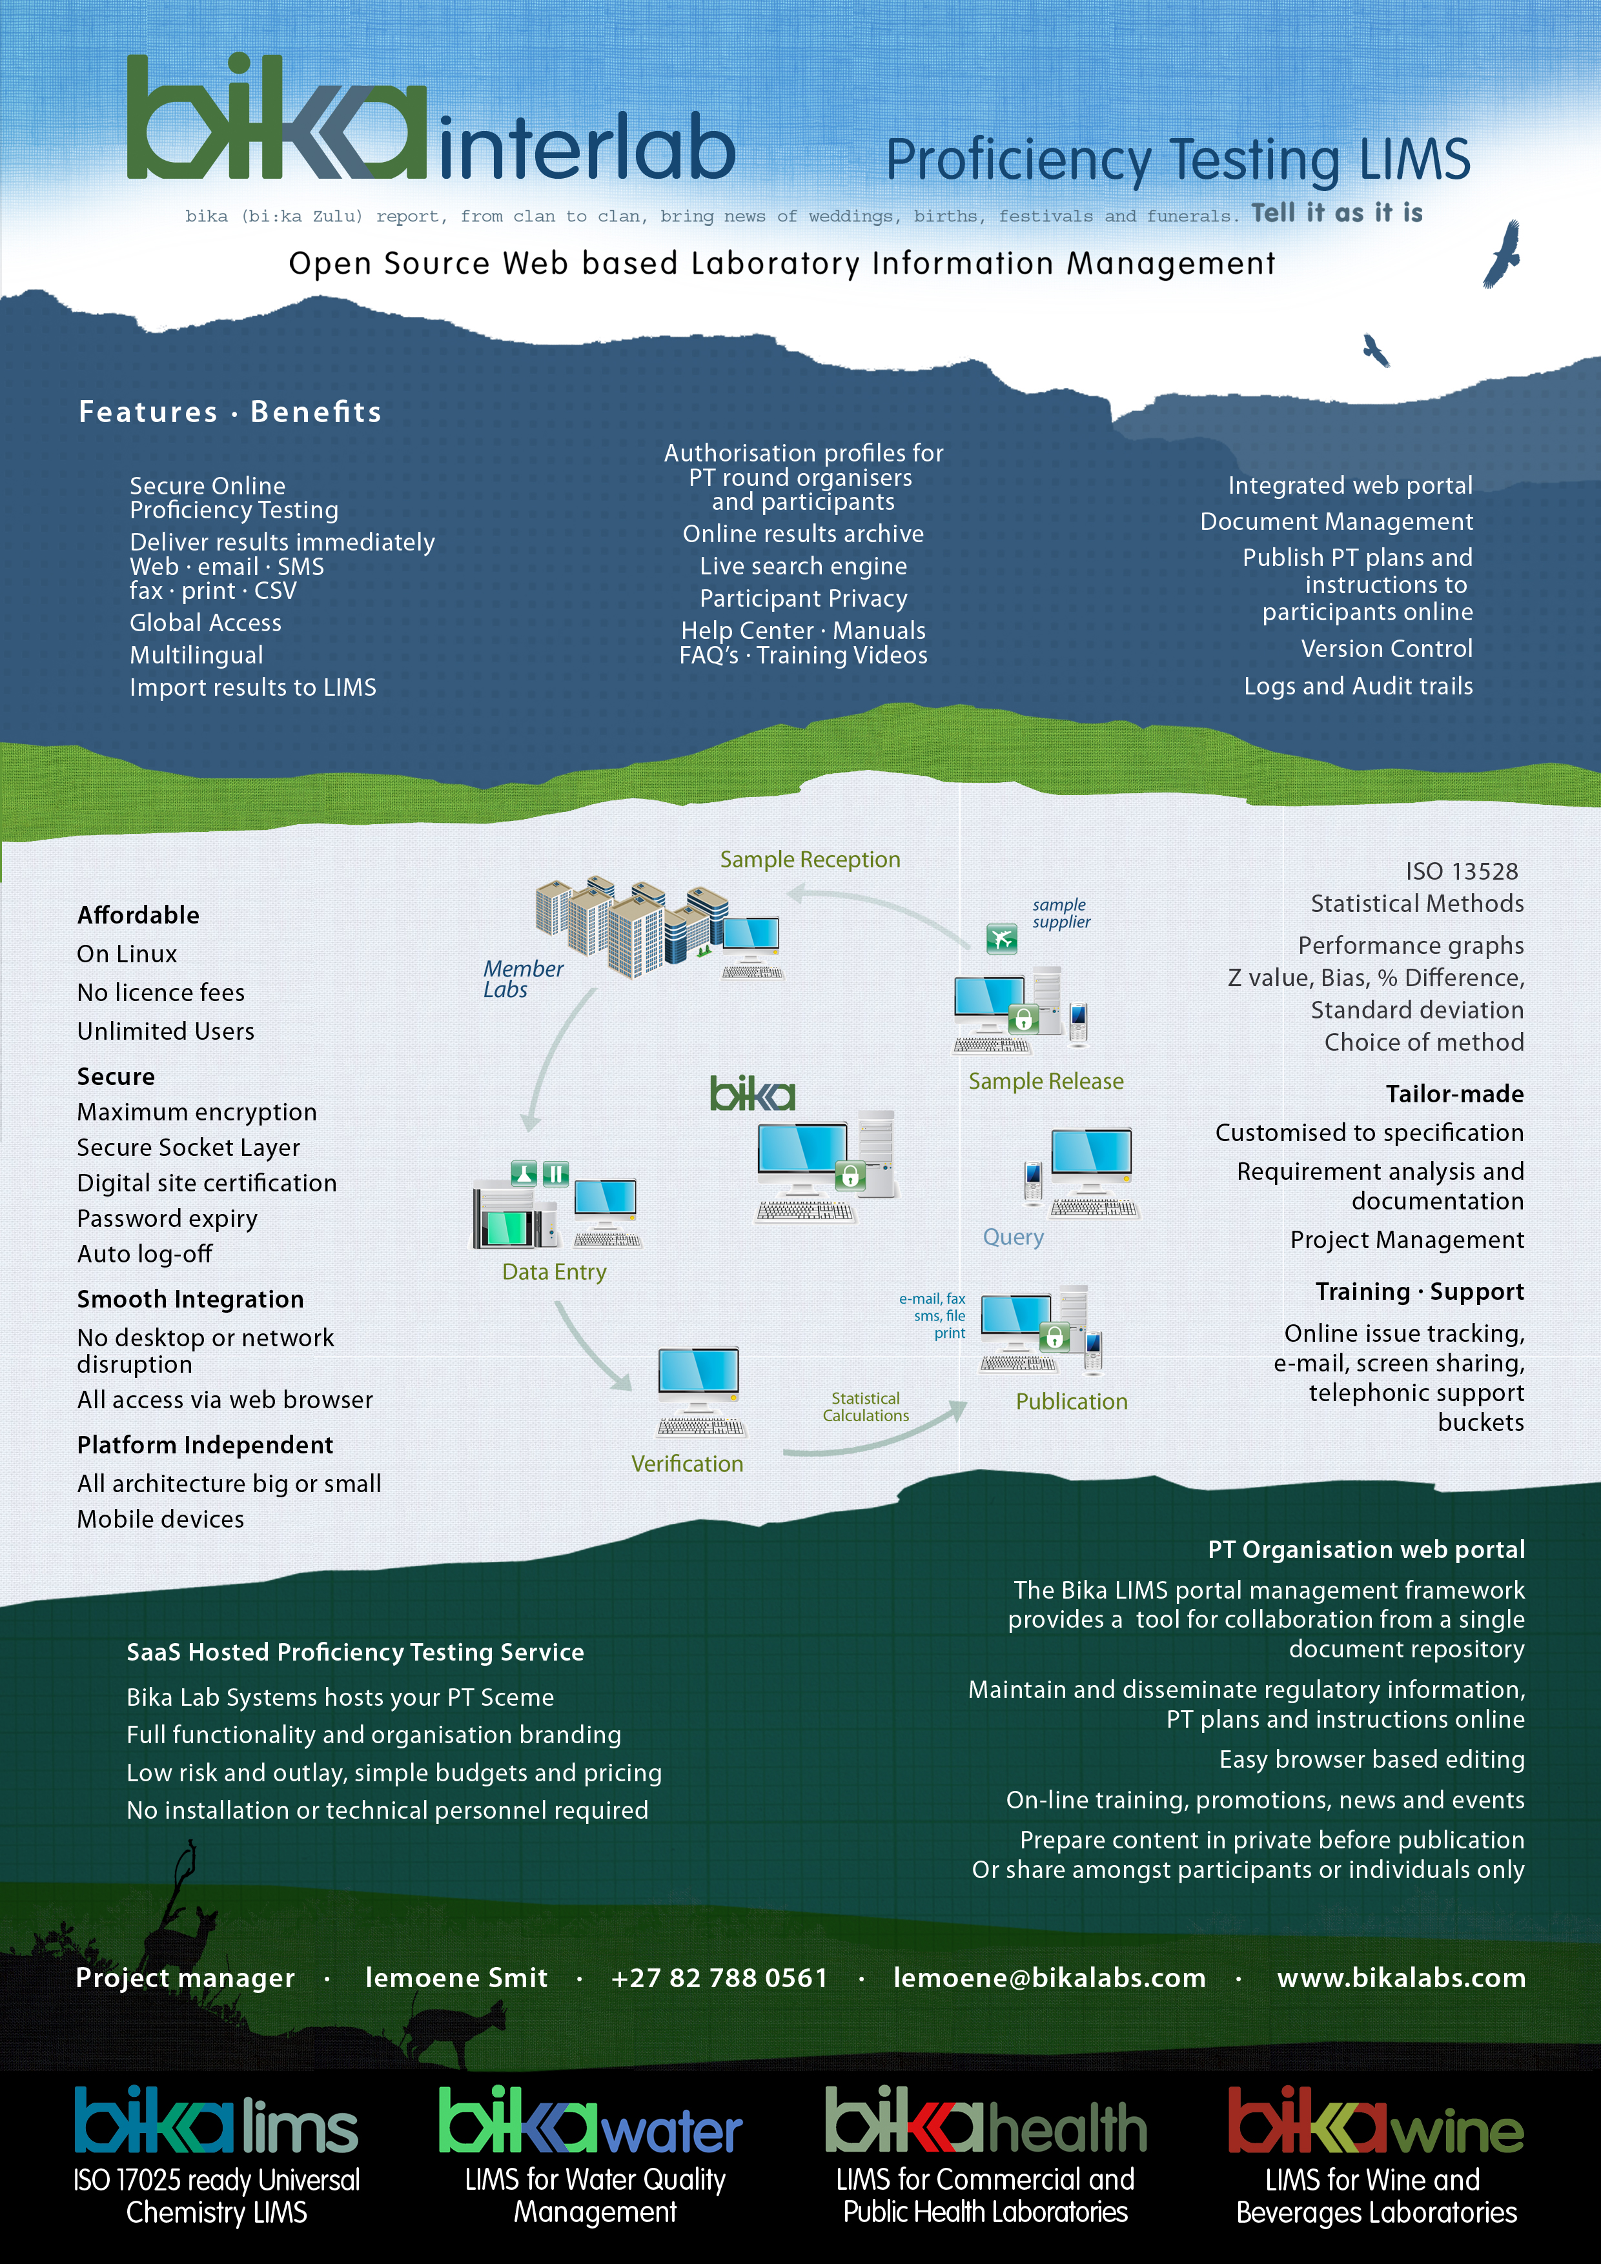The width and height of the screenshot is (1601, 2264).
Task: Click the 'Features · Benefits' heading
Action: pos(230,412)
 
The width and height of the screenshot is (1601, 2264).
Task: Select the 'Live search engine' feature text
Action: pos(803,566)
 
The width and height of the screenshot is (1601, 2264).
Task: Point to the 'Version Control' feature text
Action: pos(1386,649)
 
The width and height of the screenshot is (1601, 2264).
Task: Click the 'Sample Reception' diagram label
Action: pos(810,860)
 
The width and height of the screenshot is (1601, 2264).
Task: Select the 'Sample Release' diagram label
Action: pos(1046,1082)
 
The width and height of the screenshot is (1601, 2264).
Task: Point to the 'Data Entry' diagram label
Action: pos(555,1272)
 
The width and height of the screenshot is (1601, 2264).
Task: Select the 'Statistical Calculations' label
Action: pos(865,1407)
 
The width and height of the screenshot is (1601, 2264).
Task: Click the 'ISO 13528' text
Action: pos(1462,872)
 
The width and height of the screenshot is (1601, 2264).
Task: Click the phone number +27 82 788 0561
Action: pos(719,1978)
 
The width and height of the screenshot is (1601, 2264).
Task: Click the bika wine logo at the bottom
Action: pos(1375,2121)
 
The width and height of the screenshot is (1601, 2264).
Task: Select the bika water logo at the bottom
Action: pos(590,2121)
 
